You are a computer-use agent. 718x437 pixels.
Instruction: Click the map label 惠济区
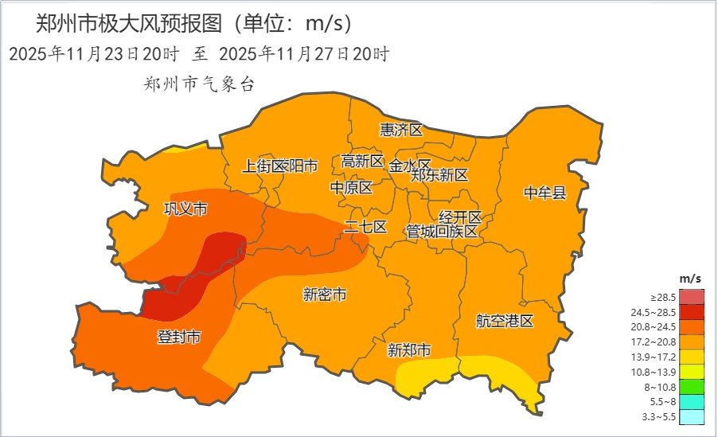tap(401, 130)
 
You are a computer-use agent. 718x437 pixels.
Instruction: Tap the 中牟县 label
tap(544, 193)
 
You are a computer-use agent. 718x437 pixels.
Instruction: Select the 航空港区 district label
tap(505, 322)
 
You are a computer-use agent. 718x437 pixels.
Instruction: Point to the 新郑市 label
tap(409, 350)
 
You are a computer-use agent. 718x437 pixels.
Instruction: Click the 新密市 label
tap(325, 295)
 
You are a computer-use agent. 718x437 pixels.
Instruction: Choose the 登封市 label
tap(178, 337)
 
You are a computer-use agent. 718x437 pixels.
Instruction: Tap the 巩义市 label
tap(185, 209)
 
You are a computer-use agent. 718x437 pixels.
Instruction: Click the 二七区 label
tap(365, 227)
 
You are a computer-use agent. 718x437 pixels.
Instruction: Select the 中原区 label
tap(351, 188)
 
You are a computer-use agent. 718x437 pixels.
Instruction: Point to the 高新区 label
tap(362, 162)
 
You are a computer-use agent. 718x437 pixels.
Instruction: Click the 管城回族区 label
tap(442, 232)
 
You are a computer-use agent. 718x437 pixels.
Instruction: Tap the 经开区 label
tap(461, 217)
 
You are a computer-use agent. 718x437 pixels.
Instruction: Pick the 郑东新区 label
tap(439, 176)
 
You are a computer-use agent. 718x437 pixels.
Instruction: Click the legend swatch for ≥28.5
tap(692, 297)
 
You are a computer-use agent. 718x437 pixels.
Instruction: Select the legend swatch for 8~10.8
tap(692, 386)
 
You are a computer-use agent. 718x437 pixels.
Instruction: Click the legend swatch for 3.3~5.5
tap(692, 416)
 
